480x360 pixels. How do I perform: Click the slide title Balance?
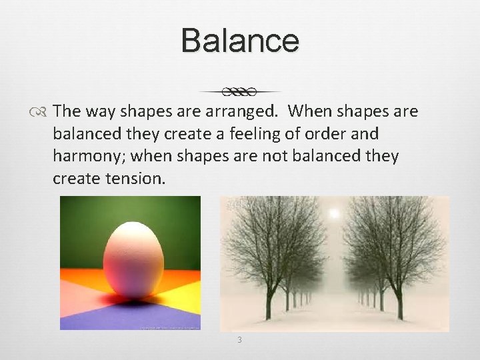click(x=240, y=40)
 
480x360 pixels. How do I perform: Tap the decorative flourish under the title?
click(x=240, y=91)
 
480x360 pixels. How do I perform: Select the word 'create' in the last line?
click(x=74, y=179)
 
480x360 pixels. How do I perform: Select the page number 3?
click(x=239, y=340)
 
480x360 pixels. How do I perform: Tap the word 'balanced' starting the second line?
click(x=84, y=133)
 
